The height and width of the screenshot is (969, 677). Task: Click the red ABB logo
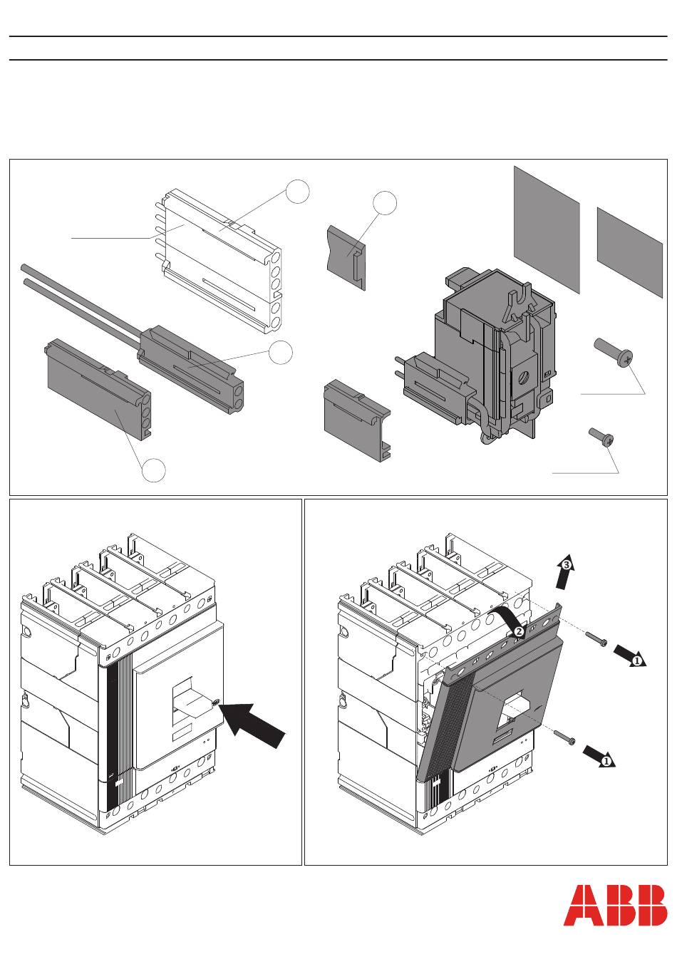pos(615,905)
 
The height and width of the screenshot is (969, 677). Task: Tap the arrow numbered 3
pos(564,571)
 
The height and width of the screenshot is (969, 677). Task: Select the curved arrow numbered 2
pos(507,622)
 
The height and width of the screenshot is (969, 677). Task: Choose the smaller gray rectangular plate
pos(629,253)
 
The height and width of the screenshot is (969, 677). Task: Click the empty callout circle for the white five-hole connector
pos(298,192)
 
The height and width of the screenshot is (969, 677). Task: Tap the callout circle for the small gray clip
pos(385,203)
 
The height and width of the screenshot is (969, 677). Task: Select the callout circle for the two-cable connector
pos(280,352)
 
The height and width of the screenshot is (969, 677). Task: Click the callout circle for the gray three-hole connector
pos(154,470)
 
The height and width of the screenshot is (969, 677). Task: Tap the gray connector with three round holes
pos(98,389)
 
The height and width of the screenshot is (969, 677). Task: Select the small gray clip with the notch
pos(346,257)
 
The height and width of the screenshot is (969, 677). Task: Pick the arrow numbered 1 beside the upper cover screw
pos(630,656)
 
